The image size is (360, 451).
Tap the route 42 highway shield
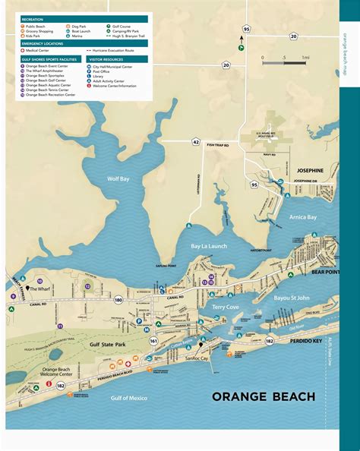tap(195, 142)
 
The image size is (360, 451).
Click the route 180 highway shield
tap(118, 300)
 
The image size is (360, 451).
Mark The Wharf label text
tap(41, 289)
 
